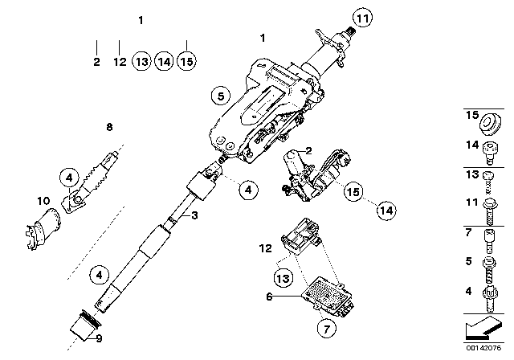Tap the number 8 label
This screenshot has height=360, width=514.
[x=109, y=126]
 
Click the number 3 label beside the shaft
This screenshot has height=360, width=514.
[x=193, y=215]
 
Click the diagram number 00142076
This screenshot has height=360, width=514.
[x=485, y=350]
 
